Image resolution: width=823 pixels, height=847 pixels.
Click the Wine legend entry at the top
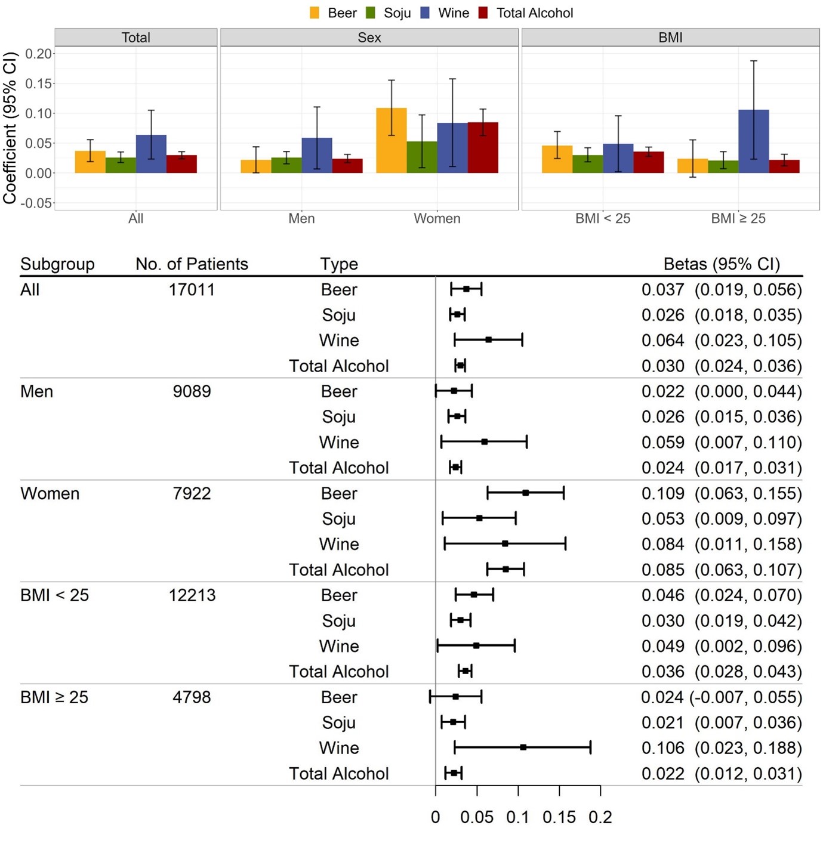(x=445, y=13)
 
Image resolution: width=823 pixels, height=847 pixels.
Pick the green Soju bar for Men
(x=286, y=165)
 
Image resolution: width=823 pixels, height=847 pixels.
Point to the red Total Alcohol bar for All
(x=181, y=164)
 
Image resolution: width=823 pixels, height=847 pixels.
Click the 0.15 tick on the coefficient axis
(x=39, y=84)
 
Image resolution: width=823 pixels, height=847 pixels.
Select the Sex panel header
(x=369, y=38)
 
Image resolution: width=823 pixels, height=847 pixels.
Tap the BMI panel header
(x=670, y=38)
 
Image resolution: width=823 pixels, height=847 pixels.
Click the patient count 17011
(x=192, y=290)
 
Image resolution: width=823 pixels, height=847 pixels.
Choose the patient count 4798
(x=192, y=697)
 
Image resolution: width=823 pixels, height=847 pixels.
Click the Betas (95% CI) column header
(x=722, y=264)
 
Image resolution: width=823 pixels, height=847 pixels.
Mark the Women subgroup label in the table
(x=50, y=494)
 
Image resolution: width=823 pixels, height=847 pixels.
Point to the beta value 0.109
(x=662, y=494)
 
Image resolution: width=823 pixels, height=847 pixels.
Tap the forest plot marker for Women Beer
(x=526, y=493)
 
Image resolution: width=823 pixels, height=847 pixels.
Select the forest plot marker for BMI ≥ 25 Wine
(x=523, y=747)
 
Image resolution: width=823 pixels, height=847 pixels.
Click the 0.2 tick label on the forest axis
(x=600, y=818)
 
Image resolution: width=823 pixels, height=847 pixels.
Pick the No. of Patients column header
(x=192, y=264)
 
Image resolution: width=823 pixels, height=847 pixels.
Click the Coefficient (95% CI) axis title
(x=10, y=128)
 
